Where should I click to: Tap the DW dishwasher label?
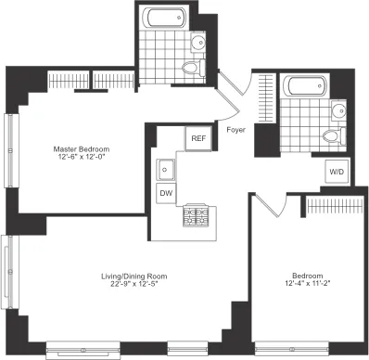pos(167,193)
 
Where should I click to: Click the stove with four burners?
pos(196,217)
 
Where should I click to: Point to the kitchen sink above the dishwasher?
pos(167,170)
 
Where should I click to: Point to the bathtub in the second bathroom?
pos(307,88)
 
